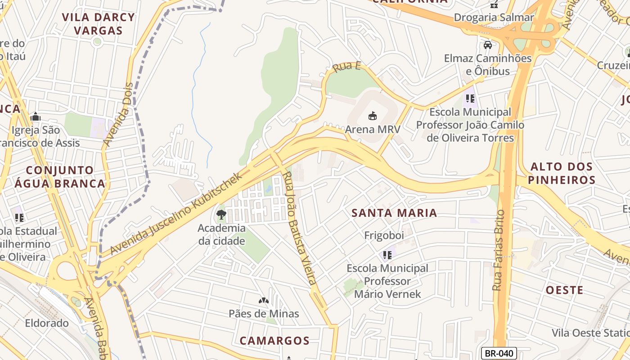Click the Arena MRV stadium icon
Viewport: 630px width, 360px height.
point(372,116)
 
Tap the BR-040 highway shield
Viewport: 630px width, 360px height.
point(499,353)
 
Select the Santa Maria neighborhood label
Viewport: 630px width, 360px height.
point(394,213)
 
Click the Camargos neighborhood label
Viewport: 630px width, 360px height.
point(274,341)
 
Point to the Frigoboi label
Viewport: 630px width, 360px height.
point(384,235)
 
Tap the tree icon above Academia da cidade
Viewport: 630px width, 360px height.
point(221,214)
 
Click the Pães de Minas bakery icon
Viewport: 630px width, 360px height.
point(264,300)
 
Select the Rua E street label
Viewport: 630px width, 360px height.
point(346,67)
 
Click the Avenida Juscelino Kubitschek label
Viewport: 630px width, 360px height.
point(176,213)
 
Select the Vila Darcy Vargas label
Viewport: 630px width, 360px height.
point(98,24)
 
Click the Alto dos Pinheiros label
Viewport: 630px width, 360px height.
point(562,173)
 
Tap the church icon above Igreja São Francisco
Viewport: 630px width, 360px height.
point(36,117)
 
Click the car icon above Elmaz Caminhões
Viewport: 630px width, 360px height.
point(487,45)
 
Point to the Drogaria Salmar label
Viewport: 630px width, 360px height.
point(494,18)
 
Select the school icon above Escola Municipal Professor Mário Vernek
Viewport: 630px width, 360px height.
point(387,255)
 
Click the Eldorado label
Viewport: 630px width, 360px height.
point(47,323)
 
